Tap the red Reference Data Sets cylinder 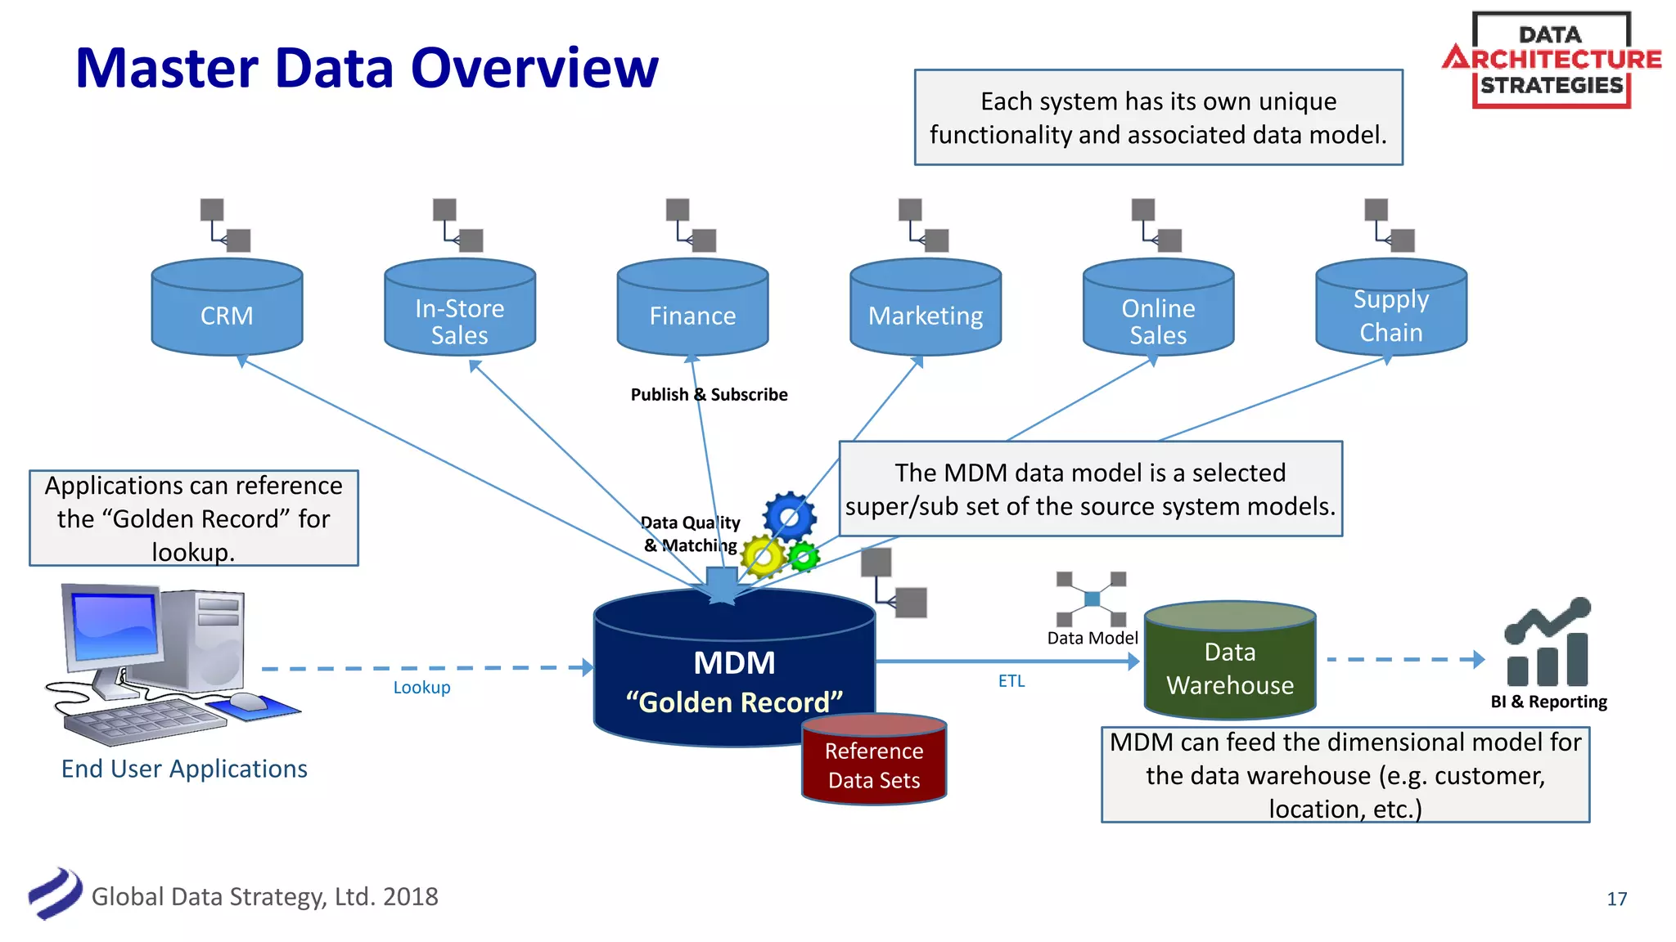point(874,760)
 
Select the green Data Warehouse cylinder point(1229,662)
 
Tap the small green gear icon point(804,557)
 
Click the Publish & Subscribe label point(709,395)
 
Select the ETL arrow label point(1011,681)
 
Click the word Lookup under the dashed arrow point(421,688)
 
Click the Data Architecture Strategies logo point(1551,60)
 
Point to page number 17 point(1616,899)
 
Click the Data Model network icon point(1091,599)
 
